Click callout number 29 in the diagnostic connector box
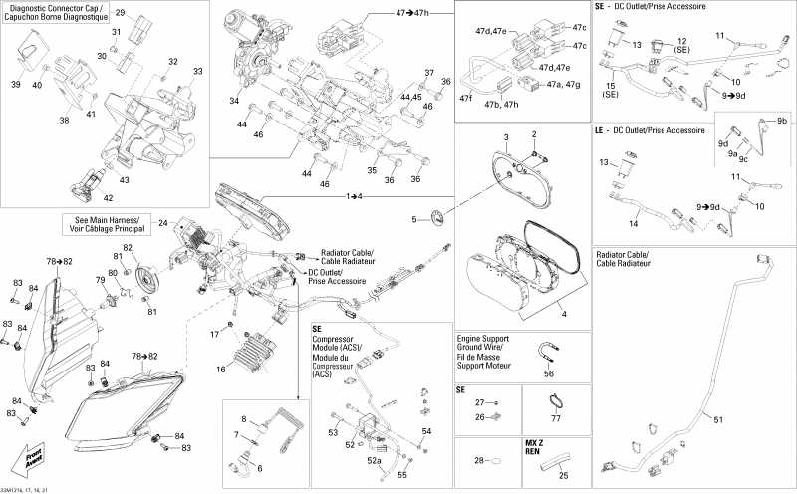[120, 13]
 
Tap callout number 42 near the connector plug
[94, 198]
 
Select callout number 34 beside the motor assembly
[233, 101]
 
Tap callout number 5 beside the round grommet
[415, 218]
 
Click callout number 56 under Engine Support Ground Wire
[549, 374]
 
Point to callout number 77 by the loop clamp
[556, 420]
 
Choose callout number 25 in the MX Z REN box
[564, 476]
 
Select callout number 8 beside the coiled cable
[242, 418]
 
